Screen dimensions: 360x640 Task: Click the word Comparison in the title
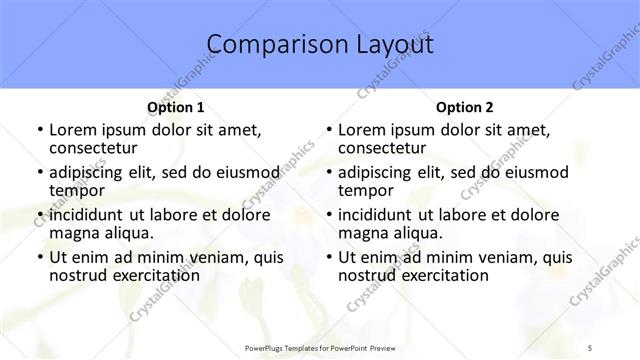point(268,44)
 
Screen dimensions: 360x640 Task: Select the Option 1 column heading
point(176,107)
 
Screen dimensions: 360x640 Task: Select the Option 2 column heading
point(465,107)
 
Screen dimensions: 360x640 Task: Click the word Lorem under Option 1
point(72,130)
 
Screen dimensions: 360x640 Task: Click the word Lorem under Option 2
point(361,130)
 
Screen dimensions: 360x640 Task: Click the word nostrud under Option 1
point(76,275)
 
